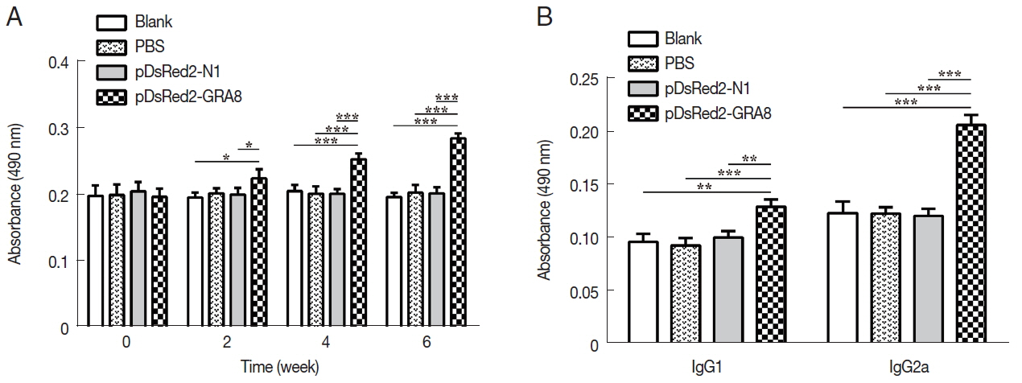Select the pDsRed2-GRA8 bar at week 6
[458, 233]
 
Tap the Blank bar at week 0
[95, 262]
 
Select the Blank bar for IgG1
[643, 293]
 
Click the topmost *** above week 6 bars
[447, 98]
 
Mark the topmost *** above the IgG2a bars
[955, 75]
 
